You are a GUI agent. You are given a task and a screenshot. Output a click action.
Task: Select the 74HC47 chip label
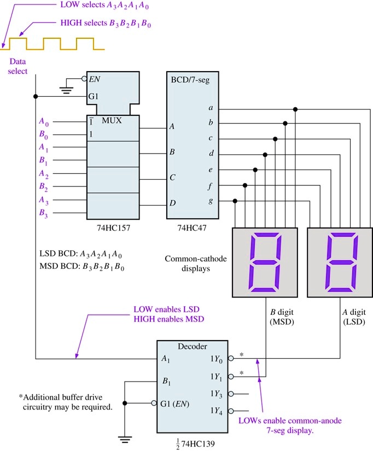193,225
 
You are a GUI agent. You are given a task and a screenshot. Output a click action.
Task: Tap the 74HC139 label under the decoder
193,441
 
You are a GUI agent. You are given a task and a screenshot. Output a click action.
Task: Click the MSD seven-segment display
265,262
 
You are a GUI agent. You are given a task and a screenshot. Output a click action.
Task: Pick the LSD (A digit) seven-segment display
340,262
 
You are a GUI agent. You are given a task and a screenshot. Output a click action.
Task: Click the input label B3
43,214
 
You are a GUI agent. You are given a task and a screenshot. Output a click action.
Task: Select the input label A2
43,173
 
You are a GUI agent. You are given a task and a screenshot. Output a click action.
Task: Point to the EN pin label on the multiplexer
95,79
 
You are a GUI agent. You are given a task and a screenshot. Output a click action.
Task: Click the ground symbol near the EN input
67,89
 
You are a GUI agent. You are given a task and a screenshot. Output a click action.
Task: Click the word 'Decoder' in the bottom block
193,345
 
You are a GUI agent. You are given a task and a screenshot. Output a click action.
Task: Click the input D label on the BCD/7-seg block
172,203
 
